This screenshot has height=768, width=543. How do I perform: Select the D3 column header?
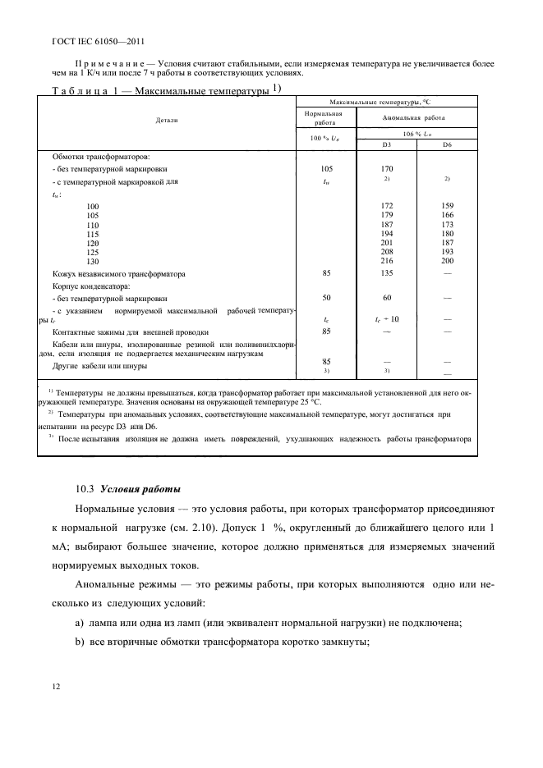pos(386,144)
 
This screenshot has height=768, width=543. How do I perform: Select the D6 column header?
pos(447,144)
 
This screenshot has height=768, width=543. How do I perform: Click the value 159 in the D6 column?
pos(447,205)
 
